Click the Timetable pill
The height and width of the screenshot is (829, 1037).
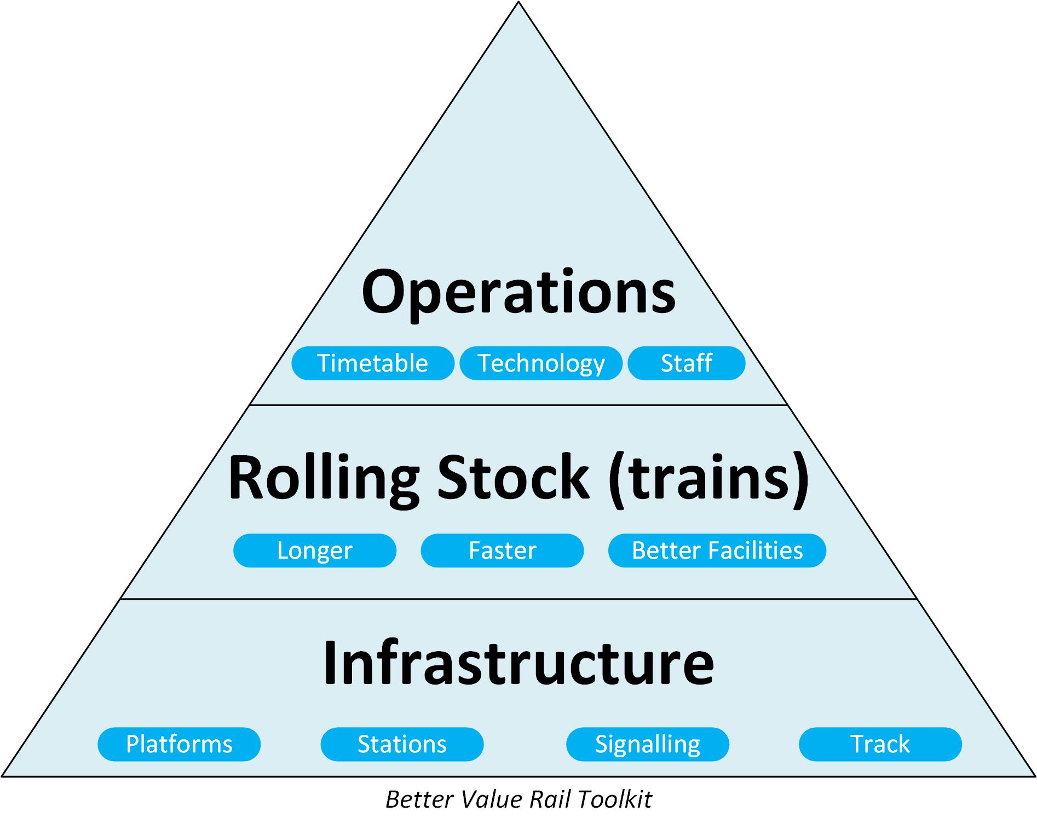[x=373, y=363]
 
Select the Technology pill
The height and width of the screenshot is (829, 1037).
[x=541, y=363]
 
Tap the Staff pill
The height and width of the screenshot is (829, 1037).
[x=686, y=363]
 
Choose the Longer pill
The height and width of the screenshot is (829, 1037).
[x=315, y=550]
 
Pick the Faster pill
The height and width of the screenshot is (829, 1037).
[x=502, y=550]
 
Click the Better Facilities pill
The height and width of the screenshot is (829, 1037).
[x=717, y=550]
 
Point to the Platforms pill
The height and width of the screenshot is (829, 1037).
[x=179, y=744]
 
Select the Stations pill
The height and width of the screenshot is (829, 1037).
[x=402, y=744]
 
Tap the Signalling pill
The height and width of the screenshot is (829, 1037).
[x=648, y=744]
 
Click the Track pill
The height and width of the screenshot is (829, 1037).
[x=880, y=744]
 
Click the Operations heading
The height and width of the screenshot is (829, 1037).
[x=518, y=293]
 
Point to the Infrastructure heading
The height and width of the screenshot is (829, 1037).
[x=518, y=663]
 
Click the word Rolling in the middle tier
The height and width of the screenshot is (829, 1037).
[x=323, y=477]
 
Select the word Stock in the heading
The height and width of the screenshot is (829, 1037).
[x=513, y=477]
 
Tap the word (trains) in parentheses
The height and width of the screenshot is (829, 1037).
[x=708, y=477]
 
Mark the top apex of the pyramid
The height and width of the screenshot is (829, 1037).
[x=518, y=3]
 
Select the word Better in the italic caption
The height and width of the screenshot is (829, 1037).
[x=420, y=800]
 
